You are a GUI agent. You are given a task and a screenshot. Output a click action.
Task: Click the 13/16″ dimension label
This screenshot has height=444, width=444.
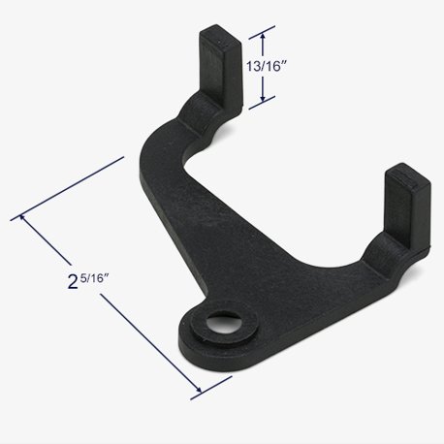267,67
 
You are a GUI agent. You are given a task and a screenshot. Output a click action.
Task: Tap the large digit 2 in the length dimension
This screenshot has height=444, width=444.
73,281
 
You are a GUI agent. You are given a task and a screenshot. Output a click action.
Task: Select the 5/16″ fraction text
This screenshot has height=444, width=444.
95,277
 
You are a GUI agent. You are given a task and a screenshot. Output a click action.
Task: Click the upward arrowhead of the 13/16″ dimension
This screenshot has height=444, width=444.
263,37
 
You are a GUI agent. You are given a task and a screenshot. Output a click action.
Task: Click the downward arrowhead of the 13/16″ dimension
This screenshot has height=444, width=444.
263,97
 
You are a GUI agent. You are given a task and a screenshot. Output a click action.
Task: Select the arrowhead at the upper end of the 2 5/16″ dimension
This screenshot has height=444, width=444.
23,217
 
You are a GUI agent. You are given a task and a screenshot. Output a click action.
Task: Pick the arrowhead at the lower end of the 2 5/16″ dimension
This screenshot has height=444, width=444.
199,390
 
